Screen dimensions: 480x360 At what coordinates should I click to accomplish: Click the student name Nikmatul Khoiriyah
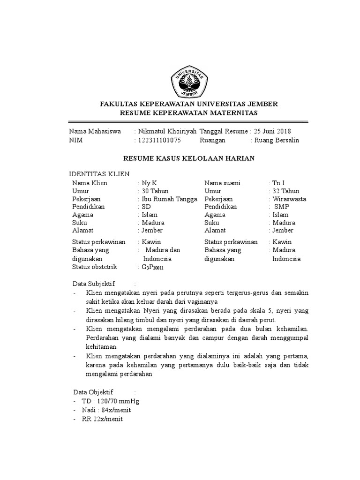167,131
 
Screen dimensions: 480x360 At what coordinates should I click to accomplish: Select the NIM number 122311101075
159,140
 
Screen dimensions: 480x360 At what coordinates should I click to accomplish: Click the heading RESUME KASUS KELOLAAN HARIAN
188,158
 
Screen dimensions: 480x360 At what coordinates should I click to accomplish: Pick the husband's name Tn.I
278,183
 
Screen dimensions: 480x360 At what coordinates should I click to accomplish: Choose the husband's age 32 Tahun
286,191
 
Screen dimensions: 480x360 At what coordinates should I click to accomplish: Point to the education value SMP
282,207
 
